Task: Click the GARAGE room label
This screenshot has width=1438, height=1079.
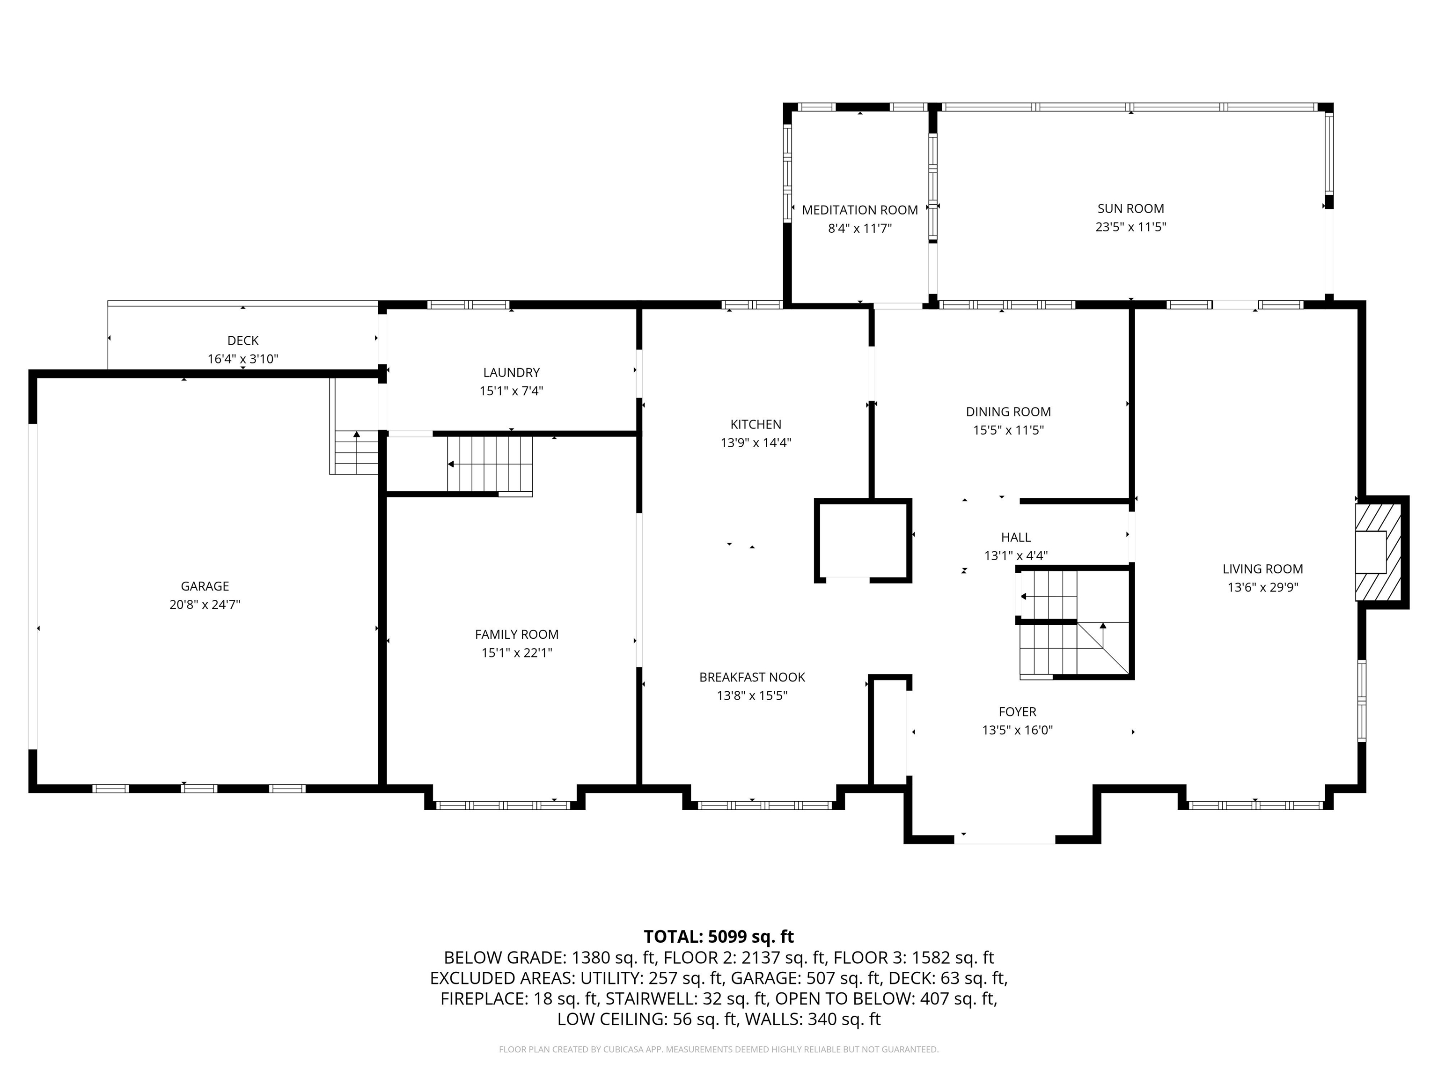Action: coord(205,586)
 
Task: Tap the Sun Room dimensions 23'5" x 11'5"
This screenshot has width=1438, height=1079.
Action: coord(1130,228)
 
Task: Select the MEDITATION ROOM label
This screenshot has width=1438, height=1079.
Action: coord(859,210)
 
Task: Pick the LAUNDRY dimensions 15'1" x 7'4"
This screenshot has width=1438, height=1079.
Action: coord(511,391)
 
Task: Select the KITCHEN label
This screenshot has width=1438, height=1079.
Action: coord(756,424)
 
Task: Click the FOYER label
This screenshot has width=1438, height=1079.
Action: coord(1017,711)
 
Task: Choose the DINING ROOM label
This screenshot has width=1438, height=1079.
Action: coord(1008,412)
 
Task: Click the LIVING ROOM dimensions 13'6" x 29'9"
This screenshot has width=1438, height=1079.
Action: coord(1262,587)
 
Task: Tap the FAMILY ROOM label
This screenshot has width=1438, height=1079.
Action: coord(516,634)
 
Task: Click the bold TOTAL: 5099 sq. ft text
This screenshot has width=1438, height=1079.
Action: coord(719,937)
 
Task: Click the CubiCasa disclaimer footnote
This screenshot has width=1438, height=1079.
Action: coord(719,1049)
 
